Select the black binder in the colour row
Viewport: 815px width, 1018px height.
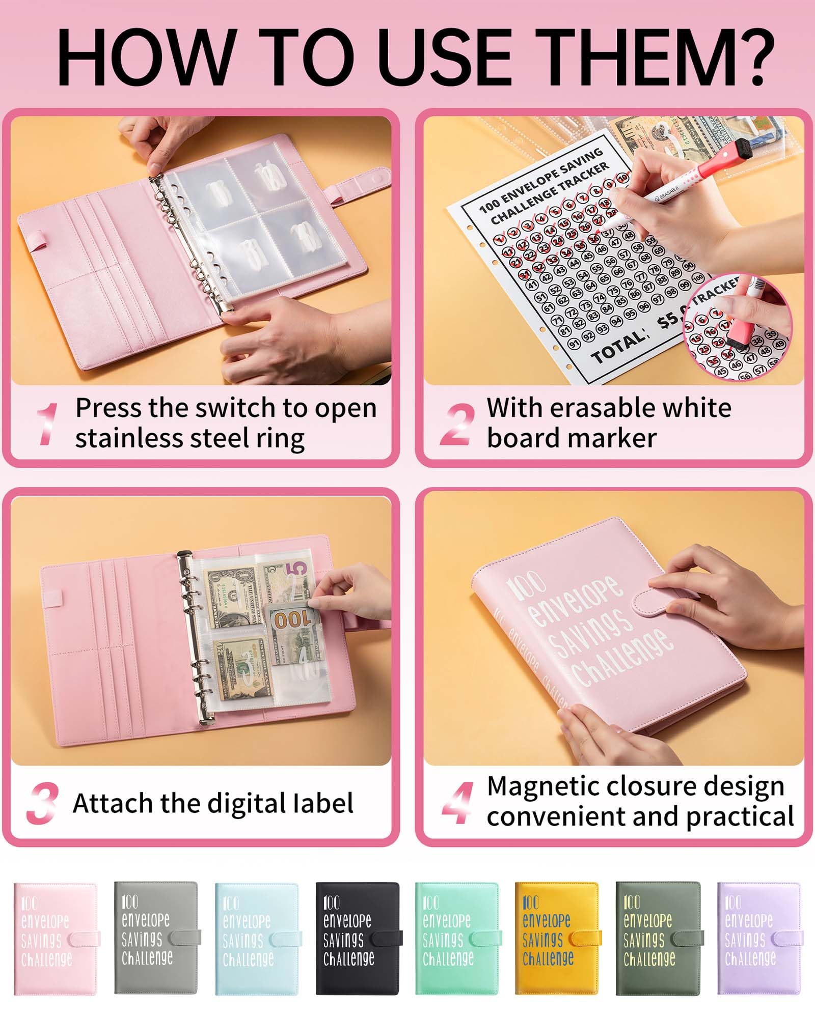click(x=357, y=939)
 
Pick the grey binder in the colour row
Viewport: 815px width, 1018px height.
click(x=155, y=939)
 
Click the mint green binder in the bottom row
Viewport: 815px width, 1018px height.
click(x=456, y=939)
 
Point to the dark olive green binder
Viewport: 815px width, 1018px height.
click(x=657, y=939)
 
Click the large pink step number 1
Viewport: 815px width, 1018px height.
click(x=48, y=423)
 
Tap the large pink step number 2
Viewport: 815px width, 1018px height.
click(x=457, y=425)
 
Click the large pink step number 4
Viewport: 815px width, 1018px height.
click(x=457, y=804)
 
